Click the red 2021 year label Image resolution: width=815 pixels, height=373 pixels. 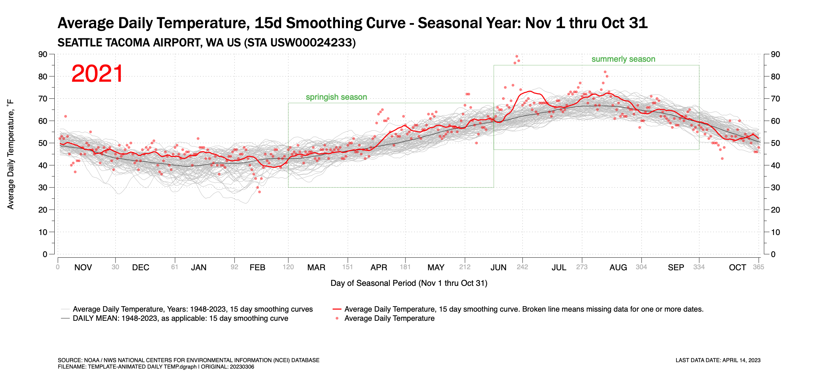point(97,74)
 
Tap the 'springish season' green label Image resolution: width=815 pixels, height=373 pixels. point(336,97)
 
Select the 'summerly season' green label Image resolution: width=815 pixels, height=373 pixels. point(623,59)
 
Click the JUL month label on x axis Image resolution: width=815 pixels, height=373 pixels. point(559,268)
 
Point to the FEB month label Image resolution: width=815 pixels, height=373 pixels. point(257,268)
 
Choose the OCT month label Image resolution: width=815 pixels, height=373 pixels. point(737,268)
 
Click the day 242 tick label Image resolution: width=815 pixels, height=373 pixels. point(522,267)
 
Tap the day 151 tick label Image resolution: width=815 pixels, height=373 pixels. point(347,267)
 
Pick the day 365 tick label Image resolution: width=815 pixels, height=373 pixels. point(758,267)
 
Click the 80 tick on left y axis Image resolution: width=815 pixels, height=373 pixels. point(43,77)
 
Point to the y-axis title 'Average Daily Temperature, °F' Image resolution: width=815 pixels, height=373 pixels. point(11,154)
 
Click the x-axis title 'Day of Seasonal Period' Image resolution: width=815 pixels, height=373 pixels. point(409,283)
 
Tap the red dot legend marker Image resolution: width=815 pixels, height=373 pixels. point(337,318)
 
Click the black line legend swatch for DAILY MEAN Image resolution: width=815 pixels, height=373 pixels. point(65,318)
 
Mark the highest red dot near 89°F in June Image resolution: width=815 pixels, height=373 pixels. point(517,56)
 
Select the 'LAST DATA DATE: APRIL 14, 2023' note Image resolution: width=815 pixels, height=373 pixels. point(718,360)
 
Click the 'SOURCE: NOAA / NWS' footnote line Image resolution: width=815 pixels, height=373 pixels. point(188,360)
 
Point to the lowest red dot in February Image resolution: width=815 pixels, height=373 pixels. point(259,192)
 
